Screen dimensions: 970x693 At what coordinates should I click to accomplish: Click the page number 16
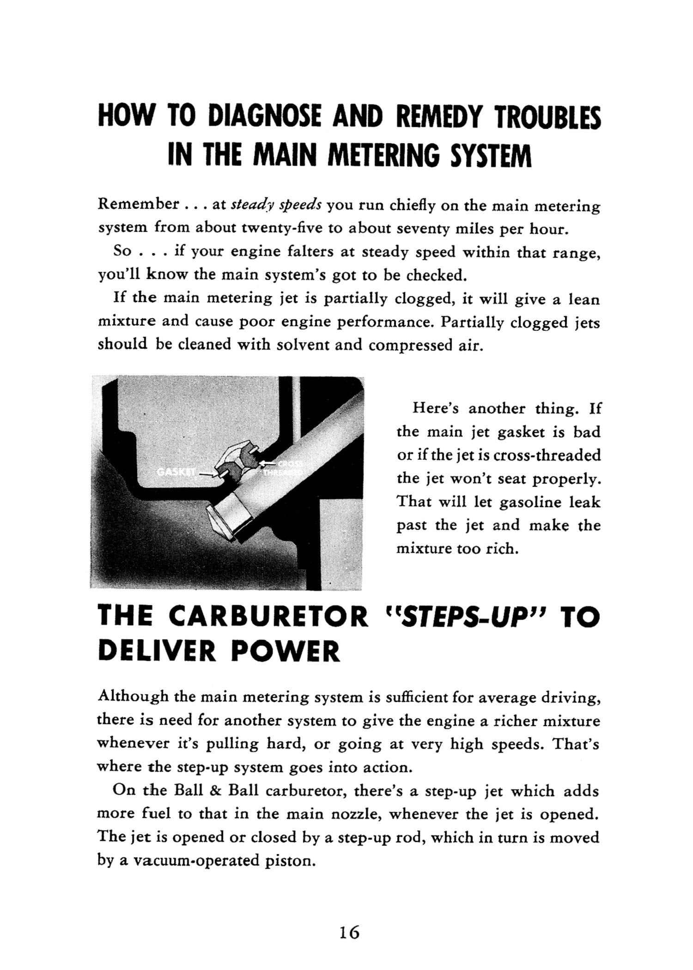coord(349,933)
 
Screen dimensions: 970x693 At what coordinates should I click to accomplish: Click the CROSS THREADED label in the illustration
coord(283,468)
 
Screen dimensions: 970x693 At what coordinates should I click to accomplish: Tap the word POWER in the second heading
coord(285,651)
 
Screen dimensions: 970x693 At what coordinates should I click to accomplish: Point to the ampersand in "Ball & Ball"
coord(215,790)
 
